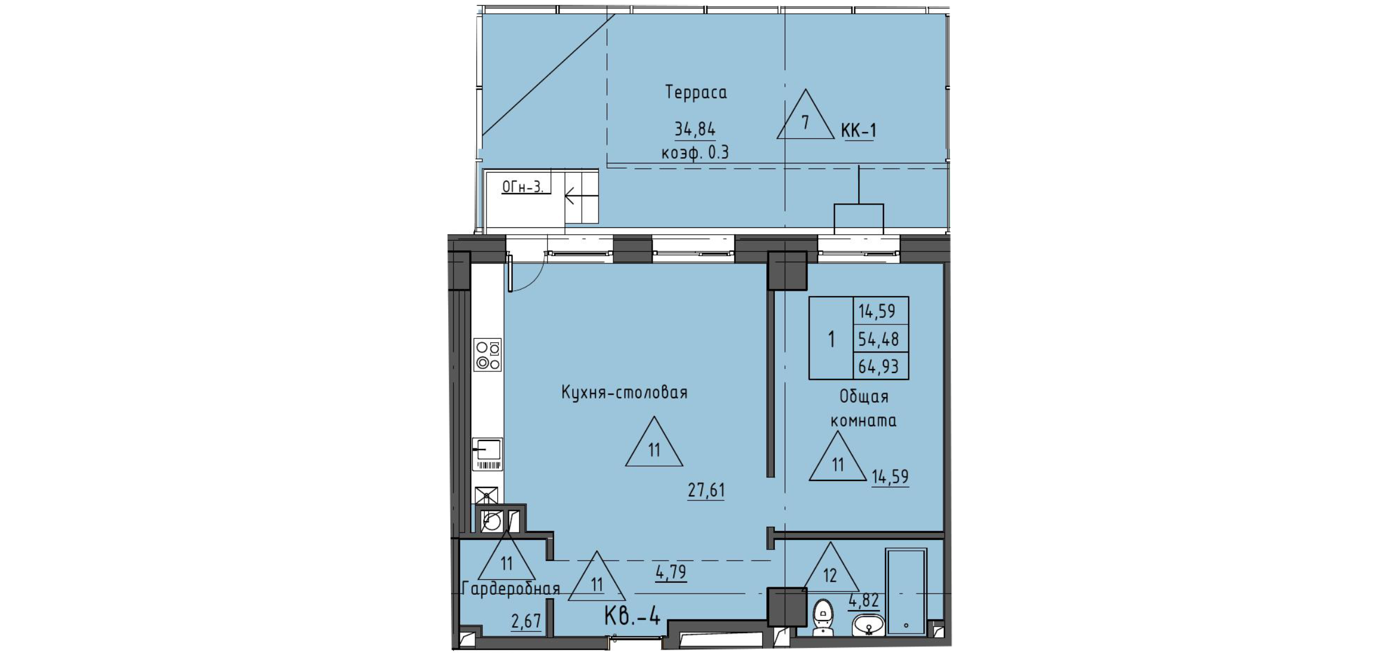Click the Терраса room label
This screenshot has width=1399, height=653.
point(696,93)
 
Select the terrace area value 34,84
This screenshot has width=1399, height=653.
point(695,130)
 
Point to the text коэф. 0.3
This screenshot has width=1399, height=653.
point(695,153)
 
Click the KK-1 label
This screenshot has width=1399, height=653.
point(858,131)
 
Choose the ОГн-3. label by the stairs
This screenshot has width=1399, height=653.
point(522,187)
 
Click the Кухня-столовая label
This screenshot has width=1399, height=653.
point(624,393)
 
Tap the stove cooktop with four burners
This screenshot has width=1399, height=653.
point(488,355)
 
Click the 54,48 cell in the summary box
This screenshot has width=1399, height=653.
point(878,339)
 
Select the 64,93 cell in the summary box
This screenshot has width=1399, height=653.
point(878,366)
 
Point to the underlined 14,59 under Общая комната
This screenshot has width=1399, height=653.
point(890,476)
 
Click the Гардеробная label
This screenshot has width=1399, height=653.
point(510,588)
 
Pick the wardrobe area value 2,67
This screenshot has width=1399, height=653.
point(525,620)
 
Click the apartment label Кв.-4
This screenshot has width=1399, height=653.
point(632,617)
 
